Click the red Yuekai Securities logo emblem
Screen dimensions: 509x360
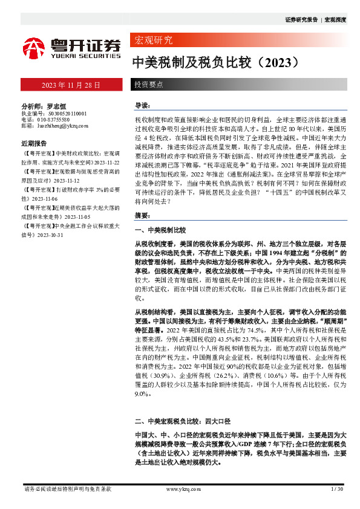[x=34, y=47]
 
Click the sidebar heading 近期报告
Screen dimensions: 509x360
[x=34, y=144]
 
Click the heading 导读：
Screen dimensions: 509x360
[x=143, y=105]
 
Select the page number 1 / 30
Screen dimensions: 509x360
[x=337, y=488]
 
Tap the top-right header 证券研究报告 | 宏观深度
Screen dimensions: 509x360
[x=315, y=20]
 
